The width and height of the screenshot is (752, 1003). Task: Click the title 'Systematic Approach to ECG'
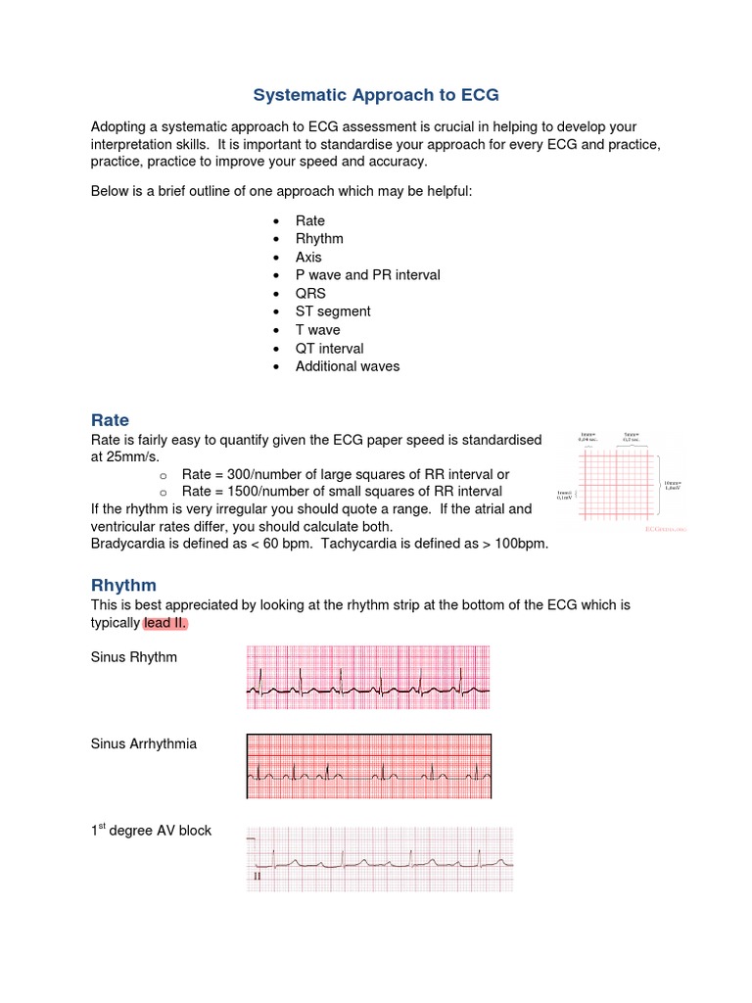[376, 95]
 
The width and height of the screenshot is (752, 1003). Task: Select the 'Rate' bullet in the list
[309, 220]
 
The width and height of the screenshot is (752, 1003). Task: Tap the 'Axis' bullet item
[308, 257]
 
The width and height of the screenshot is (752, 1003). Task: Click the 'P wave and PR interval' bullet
[367, 275]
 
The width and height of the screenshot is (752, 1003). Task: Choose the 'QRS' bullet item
[310, 293]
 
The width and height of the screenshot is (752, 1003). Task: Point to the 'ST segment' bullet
[333, 311]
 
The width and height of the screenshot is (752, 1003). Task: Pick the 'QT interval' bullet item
[329, 348]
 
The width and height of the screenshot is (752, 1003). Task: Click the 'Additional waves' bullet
[347, 366]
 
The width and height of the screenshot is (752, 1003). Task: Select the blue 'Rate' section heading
[110, 420]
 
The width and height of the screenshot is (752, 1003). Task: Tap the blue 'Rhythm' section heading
[123, 585]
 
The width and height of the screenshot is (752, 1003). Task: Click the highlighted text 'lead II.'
[165, 624]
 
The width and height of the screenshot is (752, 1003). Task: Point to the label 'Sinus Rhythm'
[134, 657]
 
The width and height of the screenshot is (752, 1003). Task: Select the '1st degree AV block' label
[151, 831]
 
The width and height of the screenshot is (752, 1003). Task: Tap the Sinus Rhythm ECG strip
[368, 676]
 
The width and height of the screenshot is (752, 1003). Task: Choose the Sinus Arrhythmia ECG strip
[368, 766]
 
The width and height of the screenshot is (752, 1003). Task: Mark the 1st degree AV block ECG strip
[379, 859]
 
